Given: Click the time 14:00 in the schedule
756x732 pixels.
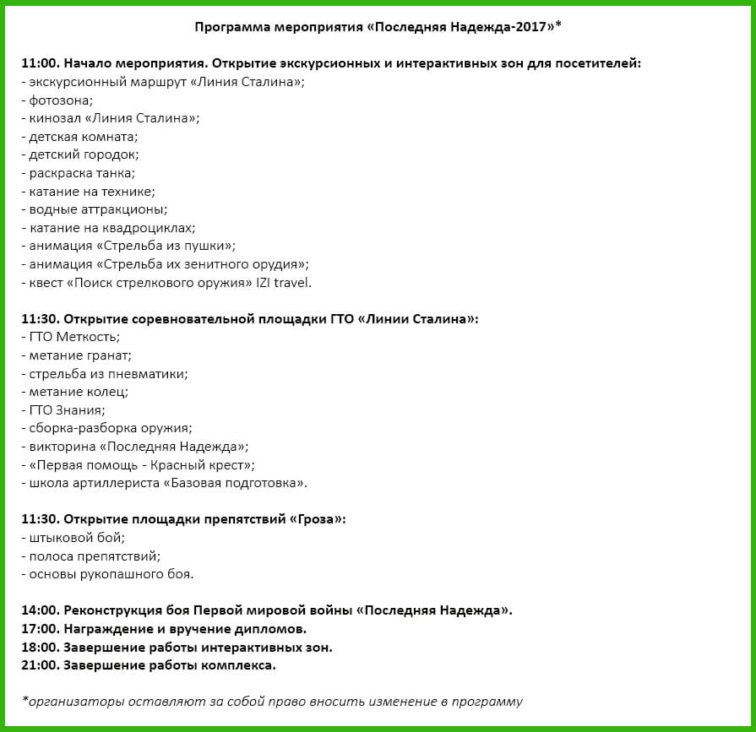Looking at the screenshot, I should point(39,610).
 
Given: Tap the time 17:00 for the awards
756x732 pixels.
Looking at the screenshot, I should point(39,628).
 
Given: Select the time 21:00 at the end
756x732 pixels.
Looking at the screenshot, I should point(39,665).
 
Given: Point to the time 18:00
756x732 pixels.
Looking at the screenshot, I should point(39,647).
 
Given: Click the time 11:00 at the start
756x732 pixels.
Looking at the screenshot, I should point(39,63).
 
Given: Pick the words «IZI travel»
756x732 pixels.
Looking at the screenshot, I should point(284,283).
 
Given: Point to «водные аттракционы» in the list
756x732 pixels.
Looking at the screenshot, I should point(97,209).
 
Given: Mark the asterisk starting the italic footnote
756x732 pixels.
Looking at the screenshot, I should point(24,701).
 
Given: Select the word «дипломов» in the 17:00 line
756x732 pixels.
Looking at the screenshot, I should point(273,628).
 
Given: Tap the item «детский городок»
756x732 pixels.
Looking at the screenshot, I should point(84,155).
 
